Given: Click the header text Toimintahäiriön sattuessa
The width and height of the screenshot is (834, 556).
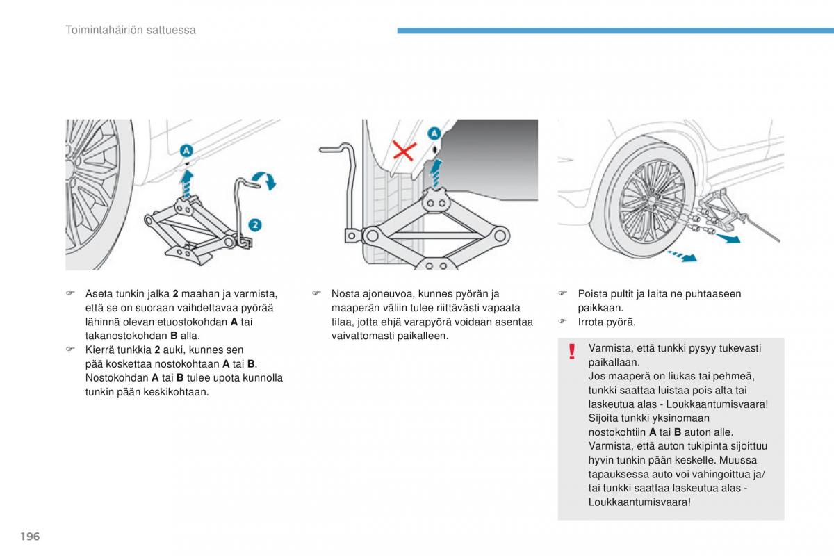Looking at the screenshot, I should click(131, 30).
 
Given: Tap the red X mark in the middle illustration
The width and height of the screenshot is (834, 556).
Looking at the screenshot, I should click(404, 150).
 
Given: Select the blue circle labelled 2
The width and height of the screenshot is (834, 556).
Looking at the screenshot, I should click(255, 224).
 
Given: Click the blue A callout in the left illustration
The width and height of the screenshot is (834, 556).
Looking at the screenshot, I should click(188, 149).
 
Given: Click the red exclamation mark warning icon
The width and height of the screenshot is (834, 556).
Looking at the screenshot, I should click(572, 352).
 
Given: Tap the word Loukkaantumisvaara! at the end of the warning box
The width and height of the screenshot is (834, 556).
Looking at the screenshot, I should click(639, 502).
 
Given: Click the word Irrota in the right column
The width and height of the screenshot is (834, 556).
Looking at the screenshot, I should click(591, 322).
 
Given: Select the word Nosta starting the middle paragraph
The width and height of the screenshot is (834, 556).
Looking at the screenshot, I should click(345, 294).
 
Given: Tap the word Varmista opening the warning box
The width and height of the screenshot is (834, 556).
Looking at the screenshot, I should click(609, 348).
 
